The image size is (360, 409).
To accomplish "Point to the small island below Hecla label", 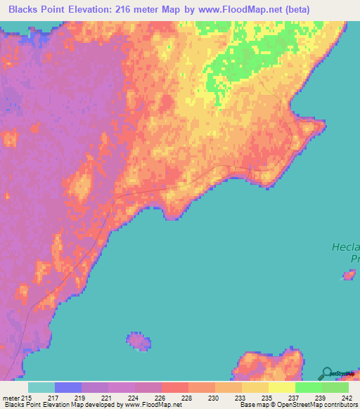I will (x=348, y=275).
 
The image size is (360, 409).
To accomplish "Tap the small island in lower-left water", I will (x=139, y=342).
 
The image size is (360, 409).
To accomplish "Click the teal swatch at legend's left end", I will (x=41, y=387).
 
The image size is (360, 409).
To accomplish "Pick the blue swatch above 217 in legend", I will (x=68, y=387).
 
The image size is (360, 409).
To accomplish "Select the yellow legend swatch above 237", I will (x=281, y=387).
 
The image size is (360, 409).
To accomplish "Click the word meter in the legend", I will (x=10, y=397).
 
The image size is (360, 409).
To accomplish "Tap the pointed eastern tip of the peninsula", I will (x=323, y=125).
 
